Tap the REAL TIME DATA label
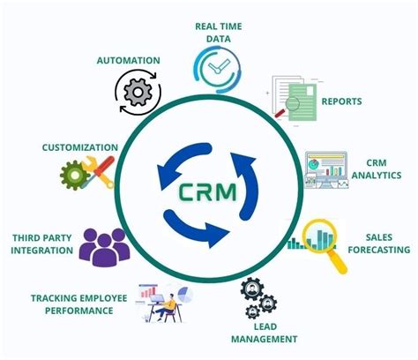[219, 33]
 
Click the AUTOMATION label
[129, 61]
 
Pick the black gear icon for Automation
[138, 91]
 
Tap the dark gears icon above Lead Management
[258, 297]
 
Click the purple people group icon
[103, 246]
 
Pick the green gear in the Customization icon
[74, 175]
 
